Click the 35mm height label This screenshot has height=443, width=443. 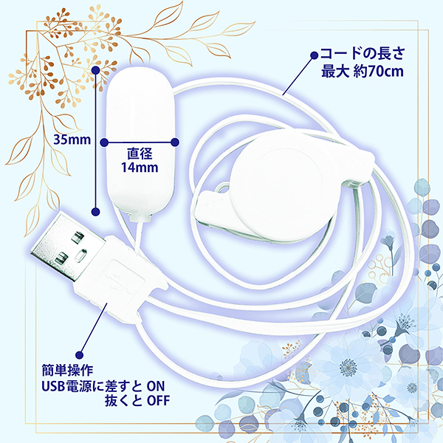point(72,140)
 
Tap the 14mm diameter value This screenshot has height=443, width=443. point(140,168)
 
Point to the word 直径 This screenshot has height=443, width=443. point(140,154)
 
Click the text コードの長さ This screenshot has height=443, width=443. point(363,54)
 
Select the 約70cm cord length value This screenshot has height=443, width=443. point(378,71)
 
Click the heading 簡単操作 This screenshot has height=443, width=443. point(67,371)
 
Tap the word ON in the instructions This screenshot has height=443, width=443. point(156,386)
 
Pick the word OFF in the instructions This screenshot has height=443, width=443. point(159,401)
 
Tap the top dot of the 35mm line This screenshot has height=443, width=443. point(96,70)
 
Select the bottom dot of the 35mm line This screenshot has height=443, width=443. point(96,211)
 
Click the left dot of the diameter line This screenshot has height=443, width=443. point(105,142)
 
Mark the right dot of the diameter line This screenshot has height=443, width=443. point(175,142)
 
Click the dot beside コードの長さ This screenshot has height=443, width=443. point(315,55)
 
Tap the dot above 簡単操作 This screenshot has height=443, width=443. point(80,355)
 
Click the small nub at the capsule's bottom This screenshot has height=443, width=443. point(140,218)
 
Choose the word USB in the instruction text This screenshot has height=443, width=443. point(53,386)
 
